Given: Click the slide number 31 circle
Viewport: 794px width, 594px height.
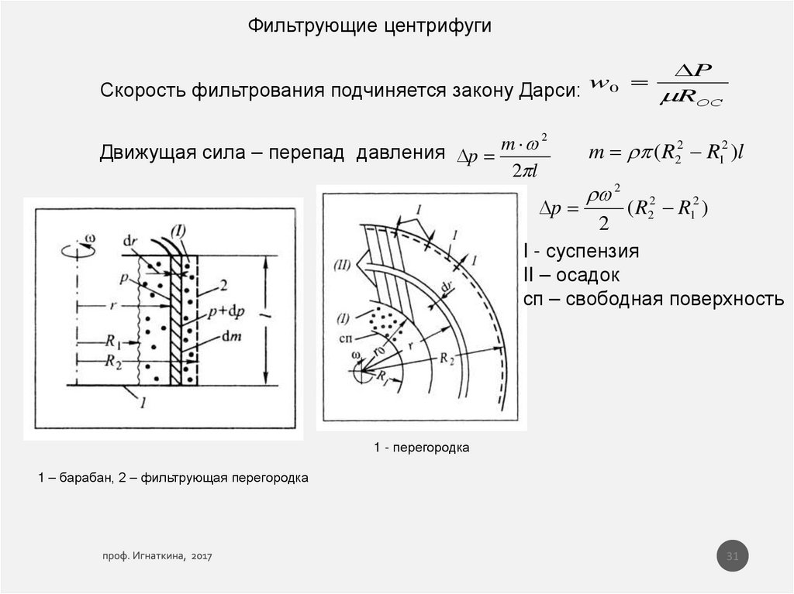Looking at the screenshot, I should click(x=732, y=557).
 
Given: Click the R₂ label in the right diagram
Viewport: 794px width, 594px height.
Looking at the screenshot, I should click(x=448, y=358).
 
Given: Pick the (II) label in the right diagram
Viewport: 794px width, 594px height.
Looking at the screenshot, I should click(x=343, y=266).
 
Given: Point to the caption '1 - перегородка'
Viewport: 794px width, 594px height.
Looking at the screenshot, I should click(x=422, y=448).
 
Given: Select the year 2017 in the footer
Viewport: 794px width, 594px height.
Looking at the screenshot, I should click(x=201, y=557).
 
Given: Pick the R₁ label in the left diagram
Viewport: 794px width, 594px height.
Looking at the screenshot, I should click(x=114, y=341).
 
